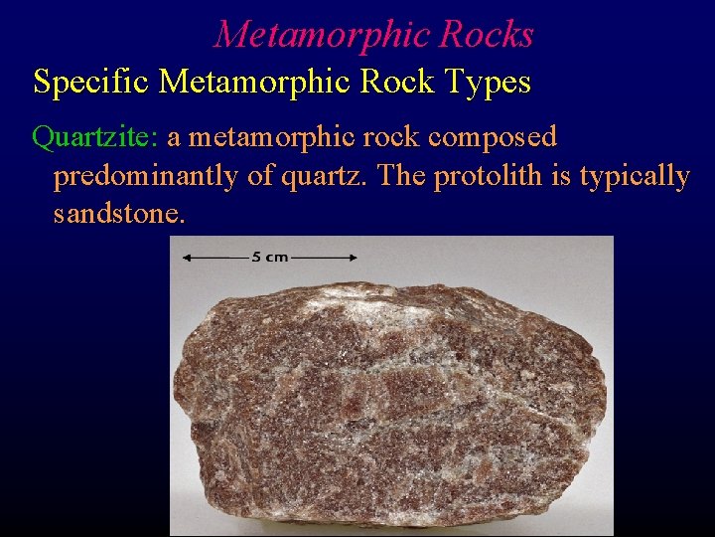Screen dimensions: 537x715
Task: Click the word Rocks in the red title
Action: tap(487, 36)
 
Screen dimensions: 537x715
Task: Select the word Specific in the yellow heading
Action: tap(90, 82)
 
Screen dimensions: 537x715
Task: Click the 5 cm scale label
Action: tap(269, 257)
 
